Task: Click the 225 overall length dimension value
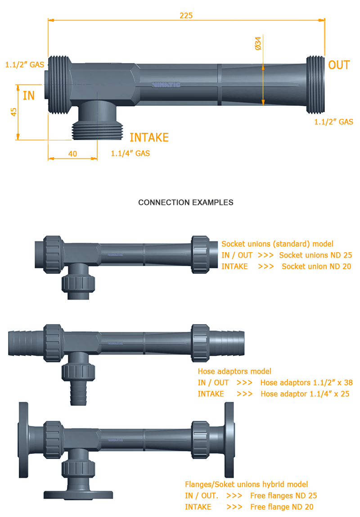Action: click(x=186, y=15)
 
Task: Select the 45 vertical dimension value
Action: click(x=14, y=112)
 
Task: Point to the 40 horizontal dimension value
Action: click(x=72, y=154)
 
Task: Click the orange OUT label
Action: click(x=339, y=65)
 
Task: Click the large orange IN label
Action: click(x=29, y=96)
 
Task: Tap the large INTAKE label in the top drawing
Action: click(x=149, y=138)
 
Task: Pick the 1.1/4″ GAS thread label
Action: click(x=130, y=154)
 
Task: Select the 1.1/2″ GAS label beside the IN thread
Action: click(x=25, y=65)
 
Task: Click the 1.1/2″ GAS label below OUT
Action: click(x=333, y=122)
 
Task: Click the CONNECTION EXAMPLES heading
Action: click(x=186, y=203)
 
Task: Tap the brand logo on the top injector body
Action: click(x=166, y=84)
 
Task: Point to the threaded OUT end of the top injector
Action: click(x=315, y=84)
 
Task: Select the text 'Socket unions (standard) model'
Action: click(x=277, y=244)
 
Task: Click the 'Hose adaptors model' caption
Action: click(x=234, y=372)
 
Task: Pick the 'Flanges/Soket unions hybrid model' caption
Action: click(x=246, y=485)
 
